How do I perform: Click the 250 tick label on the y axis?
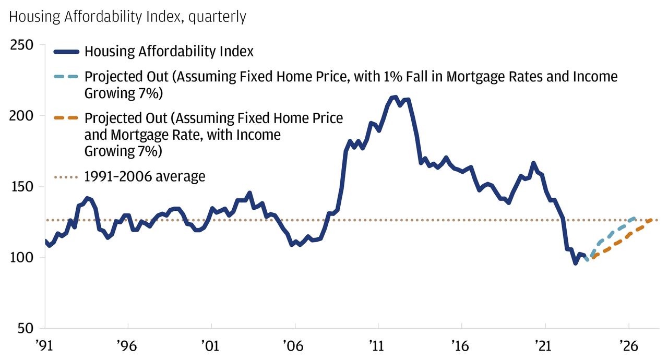point(22,45)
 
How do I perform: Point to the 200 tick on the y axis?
point(22,116)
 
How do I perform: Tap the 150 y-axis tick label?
point(22,187)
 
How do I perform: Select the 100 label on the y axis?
point(22,258)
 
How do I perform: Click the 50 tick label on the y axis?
point(26,329)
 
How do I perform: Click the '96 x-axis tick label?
point(127,345)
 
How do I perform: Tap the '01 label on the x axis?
point(211,345)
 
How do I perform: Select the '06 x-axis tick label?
point(294,345)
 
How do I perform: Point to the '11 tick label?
point(377,345)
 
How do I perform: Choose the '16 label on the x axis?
point(461,345)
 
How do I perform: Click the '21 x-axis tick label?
point(544,345)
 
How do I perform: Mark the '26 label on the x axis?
point(628,345)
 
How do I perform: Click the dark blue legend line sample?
point(66,52)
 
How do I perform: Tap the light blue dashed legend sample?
point(66,77)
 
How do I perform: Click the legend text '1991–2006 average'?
point(145,176)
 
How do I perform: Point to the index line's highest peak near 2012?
point(395,97)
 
